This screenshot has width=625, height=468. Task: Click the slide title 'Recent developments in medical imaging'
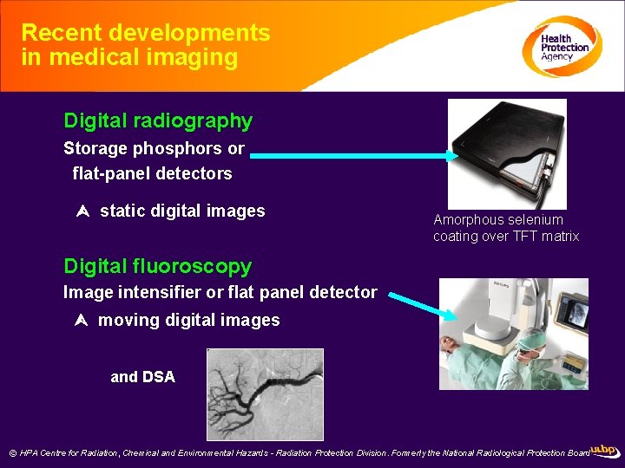(x=145, y=45)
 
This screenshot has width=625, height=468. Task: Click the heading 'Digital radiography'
(x=158, y=120)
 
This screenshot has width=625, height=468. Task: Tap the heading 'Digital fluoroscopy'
(x=157, y=266)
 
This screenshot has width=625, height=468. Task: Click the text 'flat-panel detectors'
(x=152, y=173)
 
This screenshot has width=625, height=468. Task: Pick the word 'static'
(x=122, y=211)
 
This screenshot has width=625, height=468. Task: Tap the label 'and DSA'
(x=142, y=377)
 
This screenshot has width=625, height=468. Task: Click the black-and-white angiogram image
(x=265, y=394)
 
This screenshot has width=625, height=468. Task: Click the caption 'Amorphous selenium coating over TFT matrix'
(x=506, y=228)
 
